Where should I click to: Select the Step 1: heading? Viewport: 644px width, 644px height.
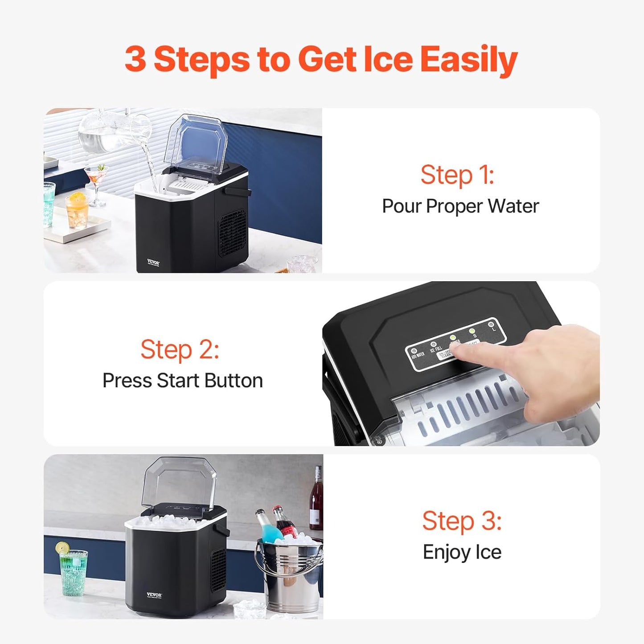pos(457,175)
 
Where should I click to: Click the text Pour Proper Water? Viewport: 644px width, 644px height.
pos(460,206)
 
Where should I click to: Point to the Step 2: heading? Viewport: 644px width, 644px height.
pos(180,349)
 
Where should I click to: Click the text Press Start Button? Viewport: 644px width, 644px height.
pos(183,381)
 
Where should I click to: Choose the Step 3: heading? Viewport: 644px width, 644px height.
pos(462,521)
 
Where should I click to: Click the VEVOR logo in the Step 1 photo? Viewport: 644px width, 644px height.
pos(153,263)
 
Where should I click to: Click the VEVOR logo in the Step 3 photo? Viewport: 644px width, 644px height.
pos(154,595)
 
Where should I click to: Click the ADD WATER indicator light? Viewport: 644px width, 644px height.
pos(414,351)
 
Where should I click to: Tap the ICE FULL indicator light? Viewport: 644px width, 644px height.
pos(433,345)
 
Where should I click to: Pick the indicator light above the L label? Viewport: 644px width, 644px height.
pos(491,324)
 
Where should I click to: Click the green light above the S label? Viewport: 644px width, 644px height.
pos(472,331)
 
